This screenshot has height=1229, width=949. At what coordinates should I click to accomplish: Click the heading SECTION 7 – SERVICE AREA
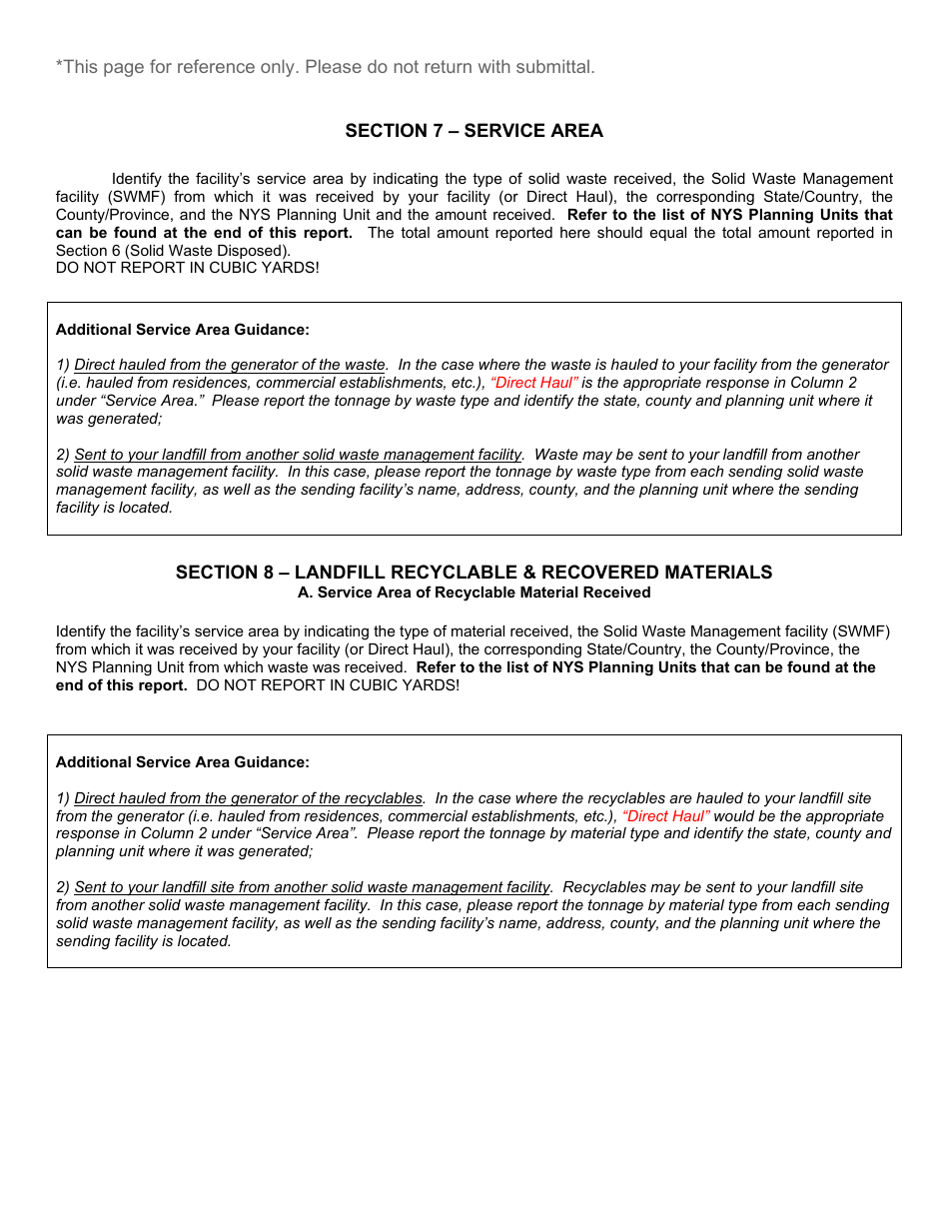474,131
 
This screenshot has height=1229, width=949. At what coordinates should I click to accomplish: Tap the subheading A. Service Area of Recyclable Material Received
474,593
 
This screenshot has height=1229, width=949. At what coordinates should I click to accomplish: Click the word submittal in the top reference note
555,67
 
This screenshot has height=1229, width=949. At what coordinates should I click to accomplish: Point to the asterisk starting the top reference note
59,66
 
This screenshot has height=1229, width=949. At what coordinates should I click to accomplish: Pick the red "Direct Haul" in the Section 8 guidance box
666,816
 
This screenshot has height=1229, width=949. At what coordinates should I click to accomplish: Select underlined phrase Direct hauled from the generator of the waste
230,365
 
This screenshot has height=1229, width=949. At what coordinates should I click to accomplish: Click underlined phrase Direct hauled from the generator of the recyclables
249,798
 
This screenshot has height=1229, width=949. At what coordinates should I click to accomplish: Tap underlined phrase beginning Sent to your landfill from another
298,455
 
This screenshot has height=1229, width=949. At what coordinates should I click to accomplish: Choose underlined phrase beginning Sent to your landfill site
312,887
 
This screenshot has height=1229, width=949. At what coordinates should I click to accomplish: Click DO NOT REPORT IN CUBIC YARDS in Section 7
187,269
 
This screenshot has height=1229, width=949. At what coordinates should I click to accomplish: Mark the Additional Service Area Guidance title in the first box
183,330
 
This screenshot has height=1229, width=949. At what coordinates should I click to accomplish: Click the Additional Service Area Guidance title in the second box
183,762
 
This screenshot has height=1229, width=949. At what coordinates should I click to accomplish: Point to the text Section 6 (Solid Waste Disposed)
173,251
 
